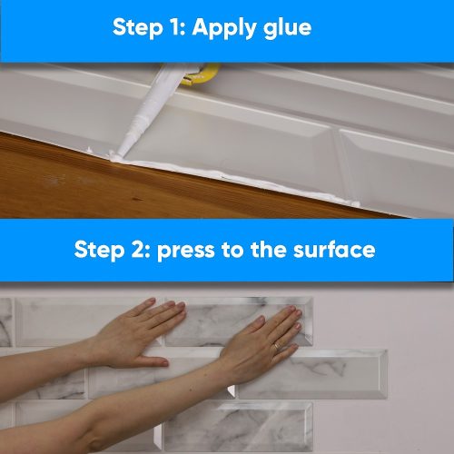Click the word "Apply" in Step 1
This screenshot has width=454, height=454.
coord(224,29)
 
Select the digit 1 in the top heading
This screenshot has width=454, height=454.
coord(174,27)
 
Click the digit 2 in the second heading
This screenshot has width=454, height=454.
coord(139,250)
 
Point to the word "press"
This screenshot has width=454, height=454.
coord(185,252)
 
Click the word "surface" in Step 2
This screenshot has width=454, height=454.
coord(334,250)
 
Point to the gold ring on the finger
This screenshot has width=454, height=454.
coord(278,346)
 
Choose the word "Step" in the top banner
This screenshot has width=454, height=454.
coord(137,28)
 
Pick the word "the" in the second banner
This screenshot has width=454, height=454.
coord(268,250)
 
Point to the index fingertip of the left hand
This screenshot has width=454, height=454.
coord(151,301)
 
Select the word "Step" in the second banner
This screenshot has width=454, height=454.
coord(99,251)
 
